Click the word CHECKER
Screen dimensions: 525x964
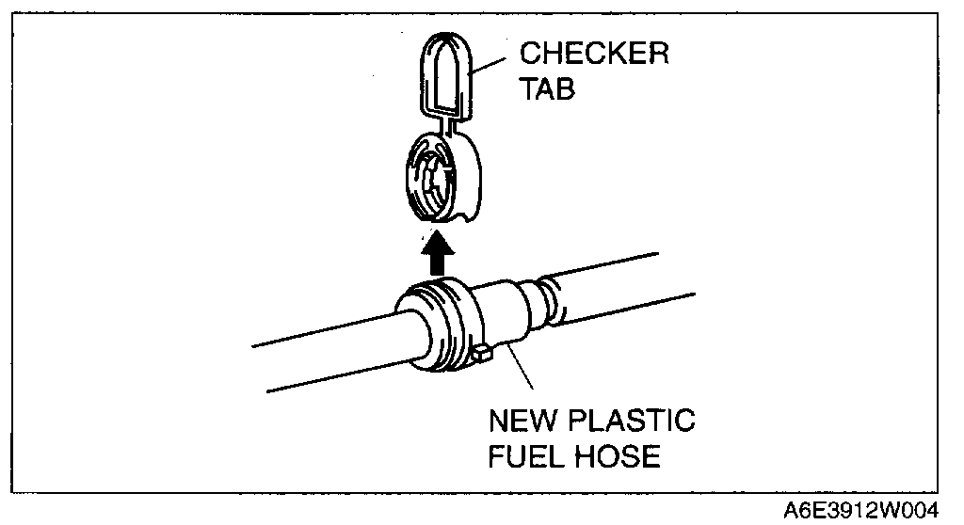[x=594, y=54]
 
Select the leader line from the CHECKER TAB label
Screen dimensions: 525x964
[x=492, y=65]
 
